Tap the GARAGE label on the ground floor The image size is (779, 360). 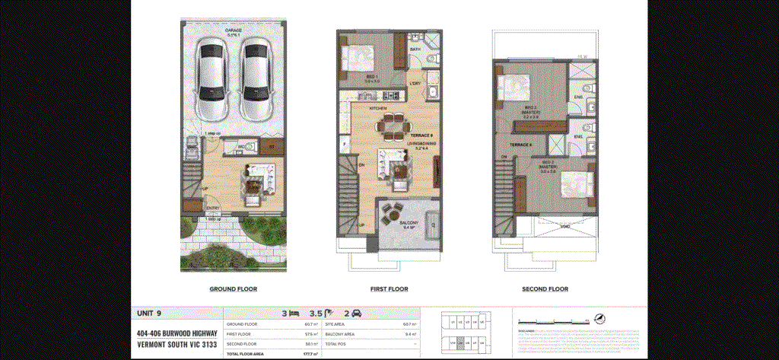coord(233,31)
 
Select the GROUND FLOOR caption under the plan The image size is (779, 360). coord(233,289)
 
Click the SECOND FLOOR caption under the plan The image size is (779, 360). coord(545,289)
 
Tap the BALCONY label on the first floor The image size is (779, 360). coord(409,222)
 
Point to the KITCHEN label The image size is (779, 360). coord(378,109)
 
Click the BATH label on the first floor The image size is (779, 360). coord(415,49)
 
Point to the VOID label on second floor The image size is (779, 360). coord(564,225)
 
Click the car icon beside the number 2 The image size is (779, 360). coord(357,313)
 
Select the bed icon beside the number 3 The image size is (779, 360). coord(294,313)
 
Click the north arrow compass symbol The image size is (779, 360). coord(602,317)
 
